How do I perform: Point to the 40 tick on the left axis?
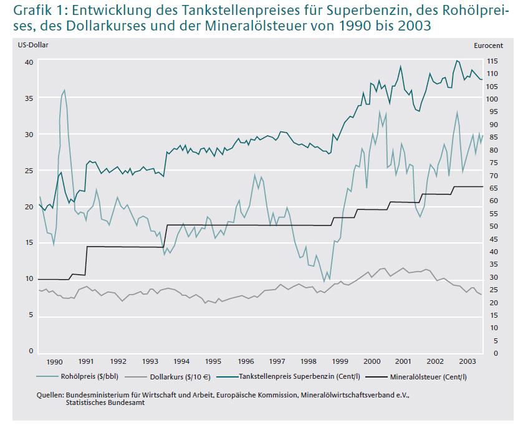pos(28,62)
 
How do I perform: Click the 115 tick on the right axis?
pos(492,62)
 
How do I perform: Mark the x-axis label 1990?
pos(55,361)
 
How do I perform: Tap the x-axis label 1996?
pos(246,361)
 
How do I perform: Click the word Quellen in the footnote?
pos(50,395)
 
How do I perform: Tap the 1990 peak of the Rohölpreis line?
pos(64,90)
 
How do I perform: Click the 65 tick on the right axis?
pos(491,187)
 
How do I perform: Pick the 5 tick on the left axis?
pos(30,315)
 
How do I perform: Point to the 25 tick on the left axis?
pos(28,171)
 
